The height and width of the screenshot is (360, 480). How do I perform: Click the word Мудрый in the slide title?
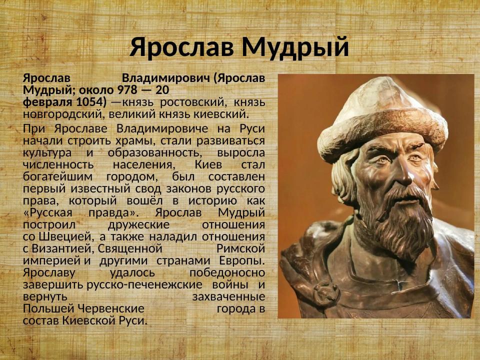tap(295, 48)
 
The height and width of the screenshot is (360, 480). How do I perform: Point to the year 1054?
tap(90, 102)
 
